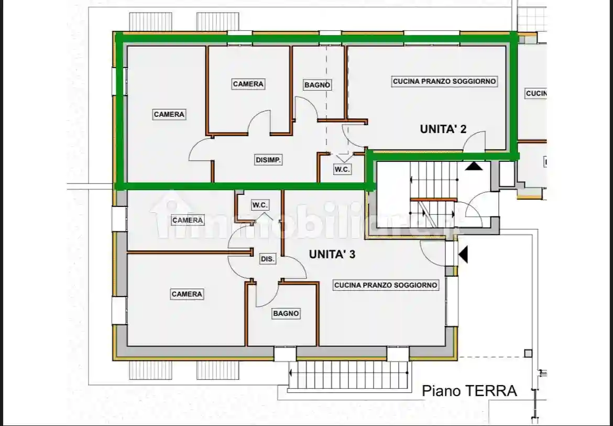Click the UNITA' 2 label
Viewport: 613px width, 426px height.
coord(443,129)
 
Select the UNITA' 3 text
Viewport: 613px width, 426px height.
coord(332,255)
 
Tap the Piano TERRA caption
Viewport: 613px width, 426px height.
coord(469,391)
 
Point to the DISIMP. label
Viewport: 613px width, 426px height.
coord(269,160)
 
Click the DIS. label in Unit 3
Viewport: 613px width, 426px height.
coord(268,259)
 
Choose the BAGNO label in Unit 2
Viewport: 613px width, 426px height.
coord(318,85)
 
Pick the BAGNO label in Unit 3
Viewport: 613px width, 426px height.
coord(286,313)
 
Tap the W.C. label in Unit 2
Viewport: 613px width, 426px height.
coord(343,170)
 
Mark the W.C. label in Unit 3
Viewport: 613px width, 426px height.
coord(260,205)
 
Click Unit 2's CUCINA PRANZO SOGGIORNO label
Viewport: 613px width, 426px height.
coord(444,82)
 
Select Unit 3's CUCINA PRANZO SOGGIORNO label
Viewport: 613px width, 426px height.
coord(386,285)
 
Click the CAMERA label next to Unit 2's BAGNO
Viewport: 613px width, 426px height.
coord(248,84)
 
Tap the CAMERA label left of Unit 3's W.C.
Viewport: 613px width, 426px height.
coord(188,220)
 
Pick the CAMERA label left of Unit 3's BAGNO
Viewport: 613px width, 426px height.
coord(187,294)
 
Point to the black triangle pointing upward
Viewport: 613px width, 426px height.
coord(474,166)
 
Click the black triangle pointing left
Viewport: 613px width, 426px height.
coord(463,255)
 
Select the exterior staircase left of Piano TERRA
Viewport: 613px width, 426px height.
coord(349,375)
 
